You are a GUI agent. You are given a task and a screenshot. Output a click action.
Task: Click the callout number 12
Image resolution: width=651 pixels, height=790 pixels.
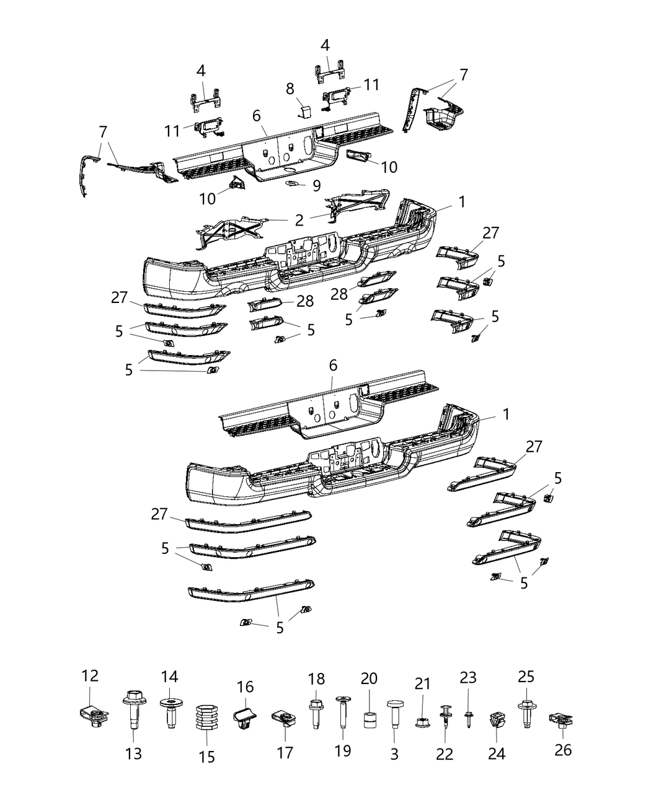90,675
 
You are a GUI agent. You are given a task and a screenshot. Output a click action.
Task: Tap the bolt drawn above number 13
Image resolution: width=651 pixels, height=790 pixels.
134,720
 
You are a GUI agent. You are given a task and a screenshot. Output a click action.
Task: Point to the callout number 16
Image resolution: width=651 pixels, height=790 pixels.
246,686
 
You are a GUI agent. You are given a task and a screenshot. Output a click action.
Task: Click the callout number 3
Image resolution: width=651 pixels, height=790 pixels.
394,753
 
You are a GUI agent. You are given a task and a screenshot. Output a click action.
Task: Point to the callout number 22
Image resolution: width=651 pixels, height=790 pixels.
445,753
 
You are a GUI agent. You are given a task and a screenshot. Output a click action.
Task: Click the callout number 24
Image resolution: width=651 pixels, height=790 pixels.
497,753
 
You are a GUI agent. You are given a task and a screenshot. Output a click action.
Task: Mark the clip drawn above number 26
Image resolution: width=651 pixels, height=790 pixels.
560,720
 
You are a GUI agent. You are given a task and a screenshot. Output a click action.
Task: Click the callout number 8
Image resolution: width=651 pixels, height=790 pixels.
290,89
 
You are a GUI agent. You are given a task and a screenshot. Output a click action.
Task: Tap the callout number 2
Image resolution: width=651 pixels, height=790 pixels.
299,219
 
